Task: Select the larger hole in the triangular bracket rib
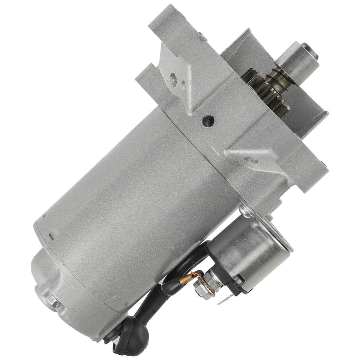(173, 79)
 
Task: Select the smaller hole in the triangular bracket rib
(183, 83)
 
